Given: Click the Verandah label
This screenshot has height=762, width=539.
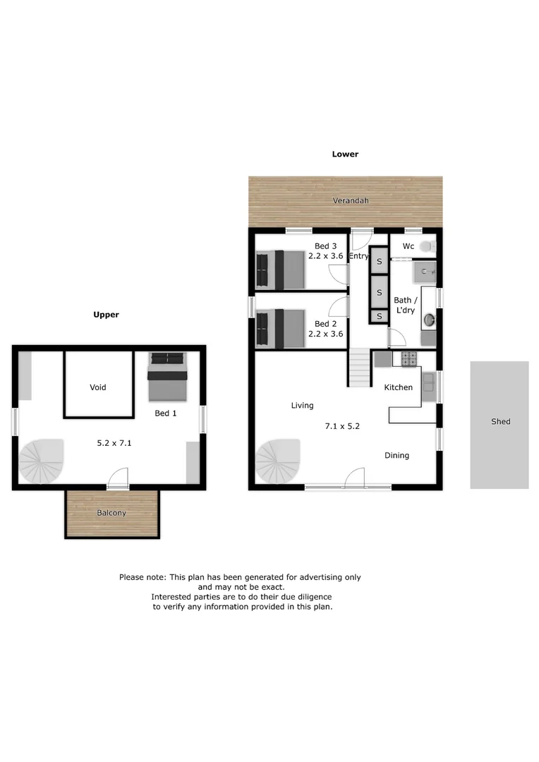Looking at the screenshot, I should pyautogui.click(x=351, y=201).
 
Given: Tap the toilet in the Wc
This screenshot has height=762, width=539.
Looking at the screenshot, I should pyautogui.click(x=426, y=246).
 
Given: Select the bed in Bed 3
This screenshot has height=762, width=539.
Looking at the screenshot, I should pyautogui.click(x=280, y=270).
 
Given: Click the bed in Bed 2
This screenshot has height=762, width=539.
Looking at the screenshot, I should pyautogui.click(x=280, y=329).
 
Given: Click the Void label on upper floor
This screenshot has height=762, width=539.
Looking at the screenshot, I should pyautogui.click(x=98, y=387).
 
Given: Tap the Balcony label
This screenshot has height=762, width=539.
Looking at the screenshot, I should pyautogui.click(x=111, y=513).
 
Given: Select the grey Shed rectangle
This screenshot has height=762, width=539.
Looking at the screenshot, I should pyautogui.click(x=499, y=425).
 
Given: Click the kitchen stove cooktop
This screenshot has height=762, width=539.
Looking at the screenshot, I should pyautogui.click(x=409, y=359).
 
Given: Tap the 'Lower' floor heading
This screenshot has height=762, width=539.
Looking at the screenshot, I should pyautogui.click(x=345, y=154).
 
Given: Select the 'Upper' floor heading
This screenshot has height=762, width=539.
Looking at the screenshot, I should pyautogui.click(x=107, y=315).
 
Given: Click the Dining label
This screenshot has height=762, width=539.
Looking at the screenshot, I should pyautogui.click(x=396, y=456).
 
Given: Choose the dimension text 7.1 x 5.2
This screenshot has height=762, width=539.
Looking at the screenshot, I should pyautogui.click(x=342, y=426).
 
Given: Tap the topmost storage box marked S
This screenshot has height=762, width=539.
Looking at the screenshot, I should pyautogui.click(x=379, y=262).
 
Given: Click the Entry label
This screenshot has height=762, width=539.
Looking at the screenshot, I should pyautogui.click(x=358, y=256).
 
